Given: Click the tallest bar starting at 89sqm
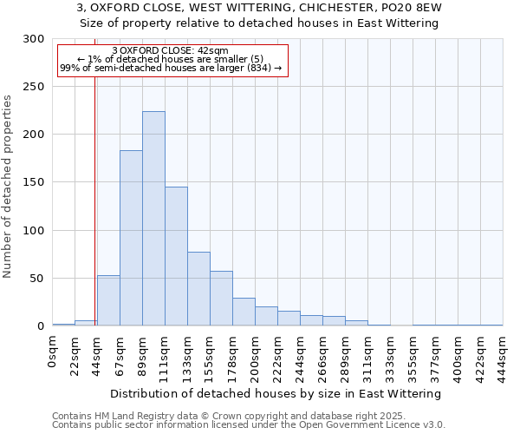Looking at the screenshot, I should [153, 219].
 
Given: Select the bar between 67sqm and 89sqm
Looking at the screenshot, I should [131, 238].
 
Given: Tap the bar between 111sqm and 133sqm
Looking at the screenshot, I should [176, 256].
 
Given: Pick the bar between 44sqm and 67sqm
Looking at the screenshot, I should [108, 300].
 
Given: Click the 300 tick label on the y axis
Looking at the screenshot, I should [34, 39].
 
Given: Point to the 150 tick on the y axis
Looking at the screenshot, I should [34, 183].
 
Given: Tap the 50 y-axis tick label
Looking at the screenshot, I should [37, 279].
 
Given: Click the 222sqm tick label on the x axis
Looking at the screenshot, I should [278, 354].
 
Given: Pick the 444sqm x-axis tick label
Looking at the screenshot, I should [504, 354].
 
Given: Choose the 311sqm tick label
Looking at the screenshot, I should [368, 354].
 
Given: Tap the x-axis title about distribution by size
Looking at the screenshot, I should [277, 393].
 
